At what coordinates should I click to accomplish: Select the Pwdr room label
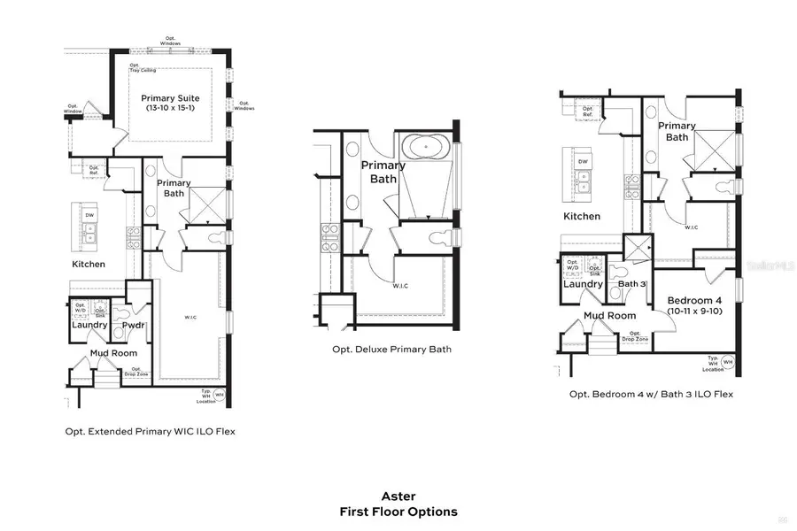pyautogui.click(x=133, y=325)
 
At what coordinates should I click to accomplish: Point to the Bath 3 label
pyautogui.click(x=630, y=284)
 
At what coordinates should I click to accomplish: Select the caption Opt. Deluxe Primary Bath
pyautogui.click(x=391, y=350)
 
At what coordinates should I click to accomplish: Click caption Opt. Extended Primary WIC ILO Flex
pyautogui.click(x=150, y=432)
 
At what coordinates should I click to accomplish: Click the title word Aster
pyautogui.click(x=398, y=496)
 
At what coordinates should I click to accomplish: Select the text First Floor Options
pyautogui.click(x=398, y=512)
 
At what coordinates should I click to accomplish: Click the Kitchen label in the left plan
pyautogui.click(x=89, y=264)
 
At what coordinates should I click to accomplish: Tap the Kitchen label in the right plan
pyautogui.click(x=582, y=216)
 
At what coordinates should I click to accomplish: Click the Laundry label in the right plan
pyautogui.click(x=583, y=284)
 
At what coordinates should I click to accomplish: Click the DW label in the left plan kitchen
pyautogui.click(x=89, y=215)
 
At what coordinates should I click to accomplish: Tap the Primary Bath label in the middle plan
pyautogui.click(x=383, y=172)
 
